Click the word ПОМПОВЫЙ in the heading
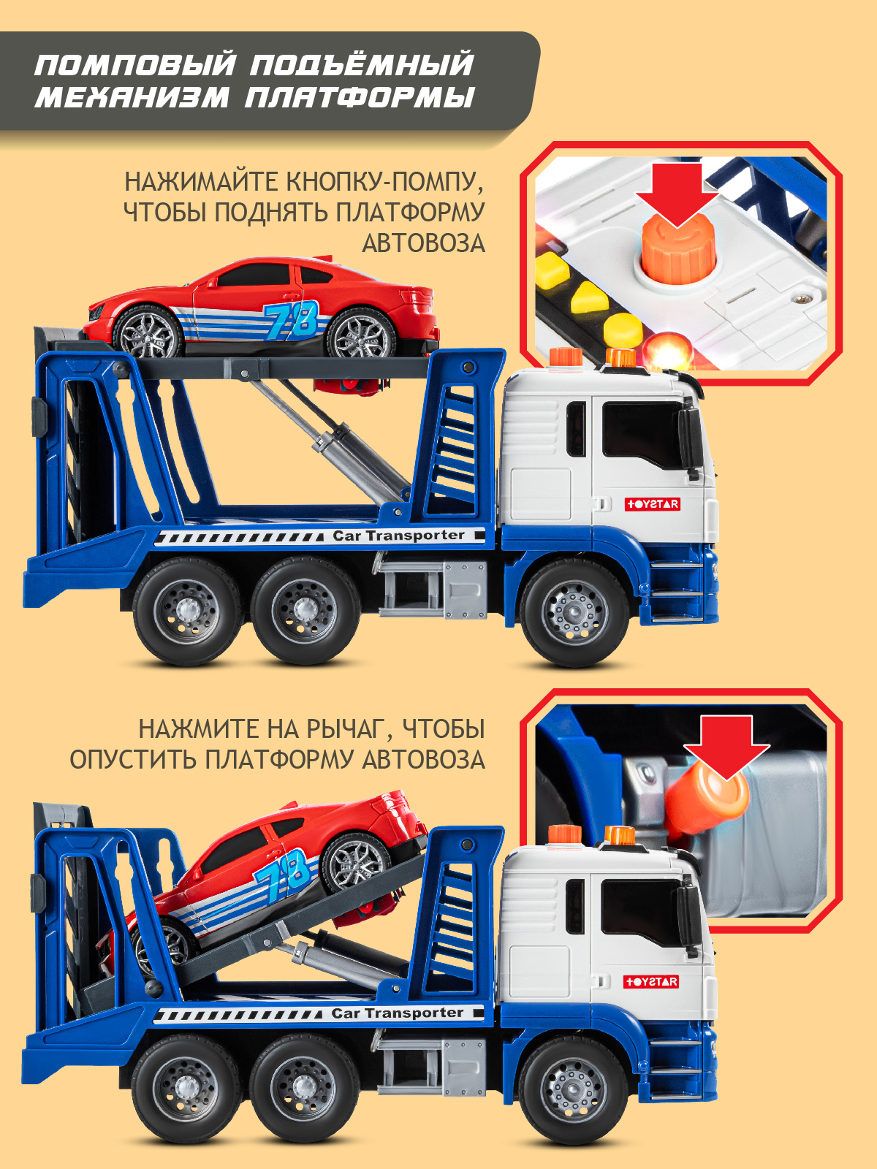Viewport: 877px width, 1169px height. (135, 65)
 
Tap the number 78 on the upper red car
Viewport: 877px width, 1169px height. (292, 321)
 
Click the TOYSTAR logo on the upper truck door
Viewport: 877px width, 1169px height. (652, 504)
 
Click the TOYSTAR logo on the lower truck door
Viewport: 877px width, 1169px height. (651, 982)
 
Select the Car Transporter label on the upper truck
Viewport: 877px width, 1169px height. (398, 536)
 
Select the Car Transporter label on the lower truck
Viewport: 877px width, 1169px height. (397, 1013)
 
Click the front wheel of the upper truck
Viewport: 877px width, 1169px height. (575, 612)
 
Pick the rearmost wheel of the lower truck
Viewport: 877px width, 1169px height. (186, 1089)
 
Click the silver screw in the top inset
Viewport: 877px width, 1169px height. (804, 299)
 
